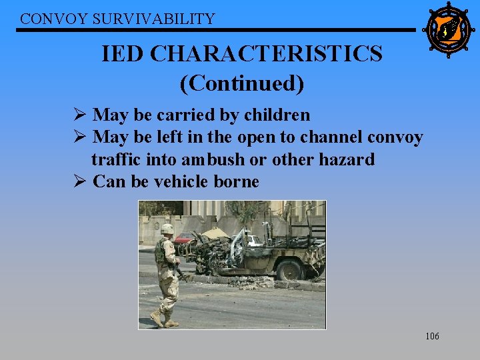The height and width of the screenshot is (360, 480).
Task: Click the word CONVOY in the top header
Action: click(44, 19)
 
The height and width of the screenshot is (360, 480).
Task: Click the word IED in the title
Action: click(123, 53)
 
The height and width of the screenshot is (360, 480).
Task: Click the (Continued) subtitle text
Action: click(241, 83)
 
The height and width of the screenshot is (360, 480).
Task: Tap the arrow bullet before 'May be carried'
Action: click(81, 115)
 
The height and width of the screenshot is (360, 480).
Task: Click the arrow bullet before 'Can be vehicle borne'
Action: click(81, 181)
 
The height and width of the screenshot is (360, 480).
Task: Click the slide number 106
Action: click(432, 336)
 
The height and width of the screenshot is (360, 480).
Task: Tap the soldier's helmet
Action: click(167, 229)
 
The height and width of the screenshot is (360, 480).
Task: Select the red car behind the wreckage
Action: click(183, 238)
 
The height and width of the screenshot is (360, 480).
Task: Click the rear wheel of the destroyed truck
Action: click(291, 270)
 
